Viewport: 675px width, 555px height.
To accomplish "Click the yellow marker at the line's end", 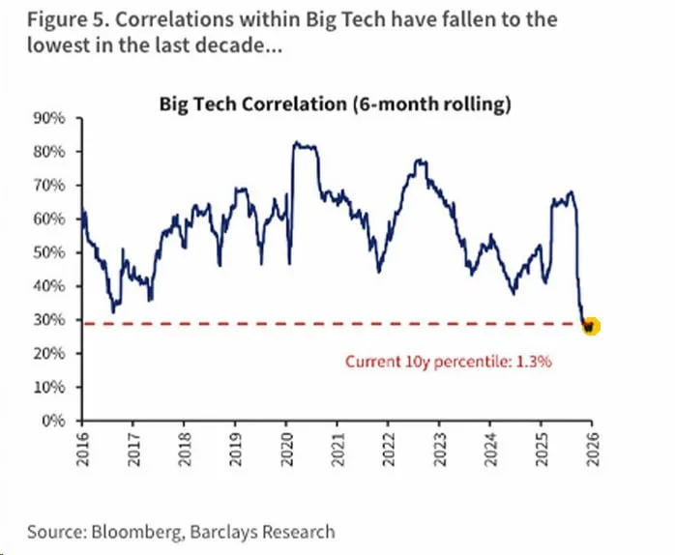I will click(589, 326).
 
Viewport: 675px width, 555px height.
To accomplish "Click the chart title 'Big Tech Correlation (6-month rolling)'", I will click(335, 104).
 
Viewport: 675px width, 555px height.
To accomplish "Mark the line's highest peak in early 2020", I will click(296, 144).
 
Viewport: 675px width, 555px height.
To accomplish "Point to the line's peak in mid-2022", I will click(420, 161).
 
